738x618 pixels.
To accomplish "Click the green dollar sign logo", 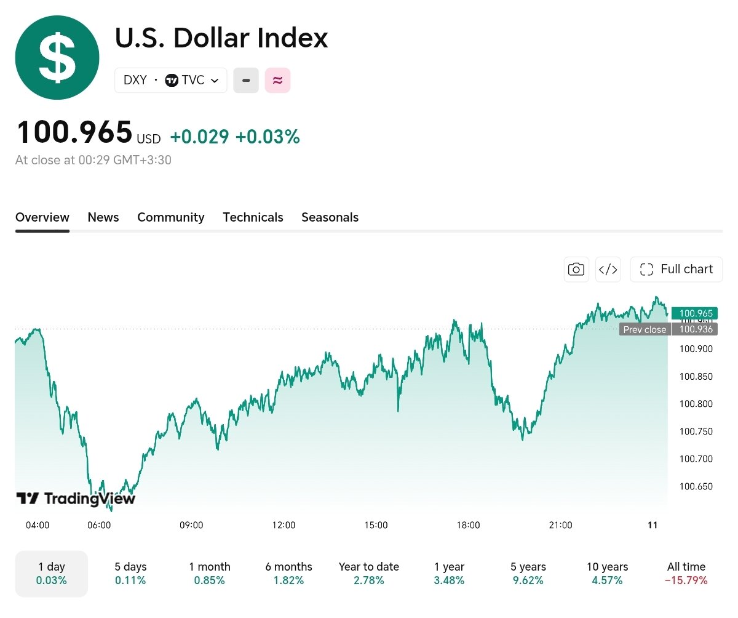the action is tap(57, 57).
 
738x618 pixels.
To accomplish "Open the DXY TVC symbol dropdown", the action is tap(171, 80).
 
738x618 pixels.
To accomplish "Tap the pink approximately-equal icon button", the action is tap(277, 80).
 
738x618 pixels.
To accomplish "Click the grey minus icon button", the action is tap(246, 80).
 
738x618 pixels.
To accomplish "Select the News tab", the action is tap(103, 217).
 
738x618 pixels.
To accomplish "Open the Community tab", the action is tap(171, 217).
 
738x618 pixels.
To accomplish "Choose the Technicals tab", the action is tap(253, 217).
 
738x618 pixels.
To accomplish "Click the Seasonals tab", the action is tap(330, 217).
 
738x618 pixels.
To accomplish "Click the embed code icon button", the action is tap(608, 269).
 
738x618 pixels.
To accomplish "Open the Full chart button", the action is tap(676, 269).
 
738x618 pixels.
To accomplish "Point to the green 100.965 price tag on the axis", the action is tap(694, 313).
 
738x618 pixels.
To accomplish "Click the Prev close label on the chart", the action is tap(645, 329).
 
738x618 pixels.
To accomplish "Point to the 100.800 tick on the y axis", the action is tap(696, 404).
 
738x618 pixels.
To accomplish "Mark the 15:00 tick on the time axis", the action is tap(376, 525).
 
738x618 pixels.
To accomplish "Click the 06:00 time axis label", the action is tap(99, 525).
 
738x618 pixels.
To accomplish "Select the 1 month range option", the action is tap(210, 574).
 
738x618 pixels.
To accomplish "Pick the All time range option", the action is tap(686, 574).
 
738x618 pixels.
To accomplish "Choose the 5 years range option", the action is tap(528, 574).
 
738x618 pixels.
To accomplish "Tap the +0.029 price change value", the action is tap(200, 137).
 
